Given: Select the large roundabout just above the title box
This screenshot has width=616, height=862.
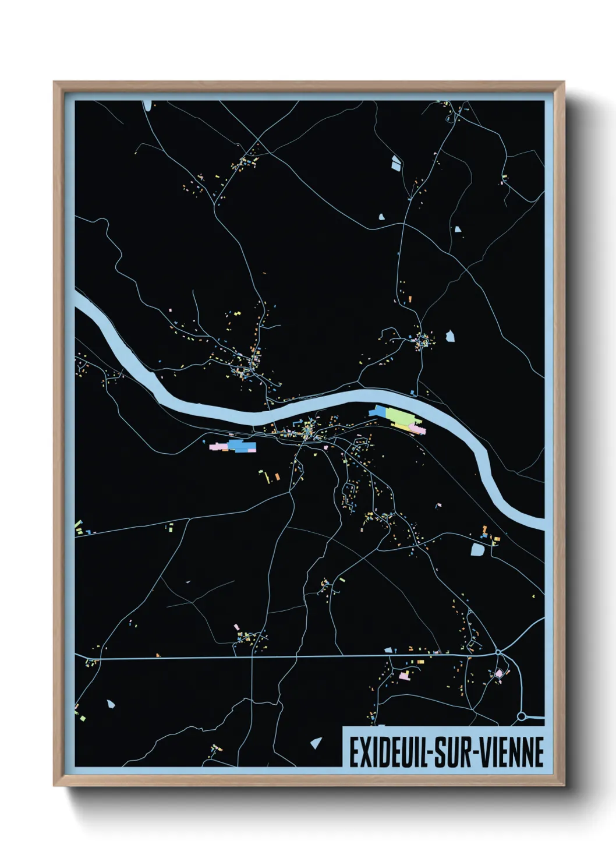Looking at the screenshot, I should (522, 716).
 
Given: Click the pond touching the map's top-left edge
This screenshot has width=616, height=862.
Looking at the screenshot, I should (147, 105).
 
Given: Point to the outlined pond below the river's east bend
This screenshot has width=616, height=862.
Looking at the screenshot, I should (477, 549).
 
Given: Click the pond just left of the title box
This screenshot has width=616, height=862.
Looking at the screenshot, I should (317, 743).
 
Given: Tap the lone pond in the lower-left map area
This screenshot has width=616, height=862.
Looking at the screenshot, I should (111, 704).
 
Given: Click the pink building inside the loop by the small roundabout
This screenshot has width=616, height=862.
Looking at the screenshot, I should (499, 673).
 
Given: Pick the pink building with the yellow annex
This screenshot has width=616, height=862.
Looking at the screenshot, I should (403, 675).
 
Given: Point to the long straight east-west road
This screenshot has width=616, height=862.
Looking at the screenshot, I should (291, 656).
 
